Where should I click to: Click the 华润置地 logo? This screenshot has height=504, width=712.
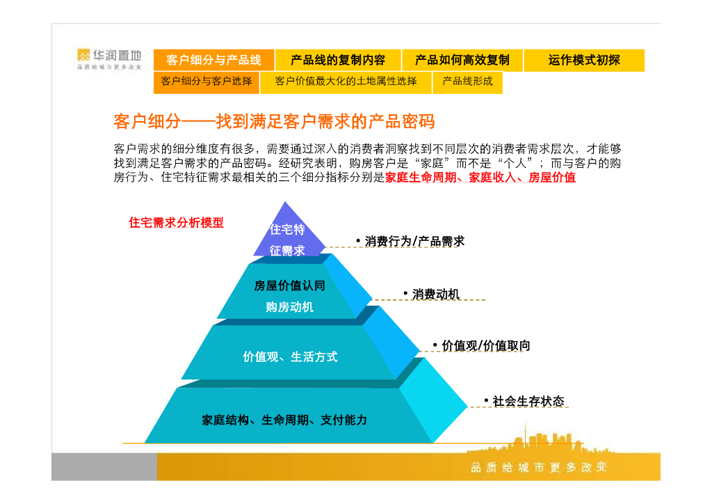pos(109,58)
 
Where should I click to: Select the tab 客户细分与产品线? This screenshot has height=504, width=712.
pos(213,61)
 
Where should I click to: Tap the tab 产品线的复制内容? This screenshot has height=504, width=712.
pos(337,61)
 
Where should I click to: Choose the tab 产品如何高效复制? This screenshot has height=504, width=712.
pos(462,61)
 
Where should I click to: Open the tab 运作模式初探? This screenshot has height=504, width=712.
pos(583,61)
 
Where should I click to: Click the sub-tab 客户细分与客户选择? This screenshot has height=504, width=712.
pos(207,81)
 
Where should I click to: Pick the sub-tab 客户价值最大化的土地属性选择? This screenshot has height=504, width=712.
pos(346,81)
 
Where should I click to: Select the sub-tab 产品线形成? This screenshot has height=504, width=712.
pos(467,81)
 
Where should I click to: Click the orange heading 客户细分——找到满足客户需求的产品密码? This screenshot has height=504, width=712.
pos(274,122)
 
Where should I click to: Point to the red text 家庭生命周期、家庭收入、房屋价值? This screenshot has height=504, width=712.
pos(480,178)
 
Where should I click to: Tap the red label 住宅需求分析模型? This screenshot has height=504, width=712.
pos(176,223)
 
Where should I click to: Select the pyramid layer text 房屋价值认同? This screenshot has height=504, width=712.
pos(289,285)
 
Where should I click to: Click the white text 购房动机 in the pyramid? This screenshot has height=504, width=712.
pos(289,307)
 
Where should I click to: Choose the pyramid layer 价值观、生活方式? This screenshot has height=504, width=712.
pos(290,356)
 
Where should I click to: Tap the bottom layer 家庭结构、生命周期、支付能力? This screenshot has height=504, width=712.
pos(284,420)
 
